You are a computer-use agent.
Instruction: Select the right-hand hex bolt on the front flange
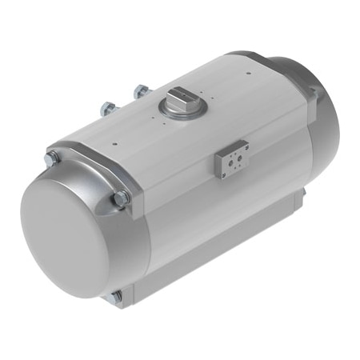[121, 198]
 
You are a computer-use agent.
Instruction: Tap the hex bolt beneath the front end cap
[117, 297]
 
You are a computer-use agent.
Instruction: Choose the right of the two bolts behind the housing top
[142, 92]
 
